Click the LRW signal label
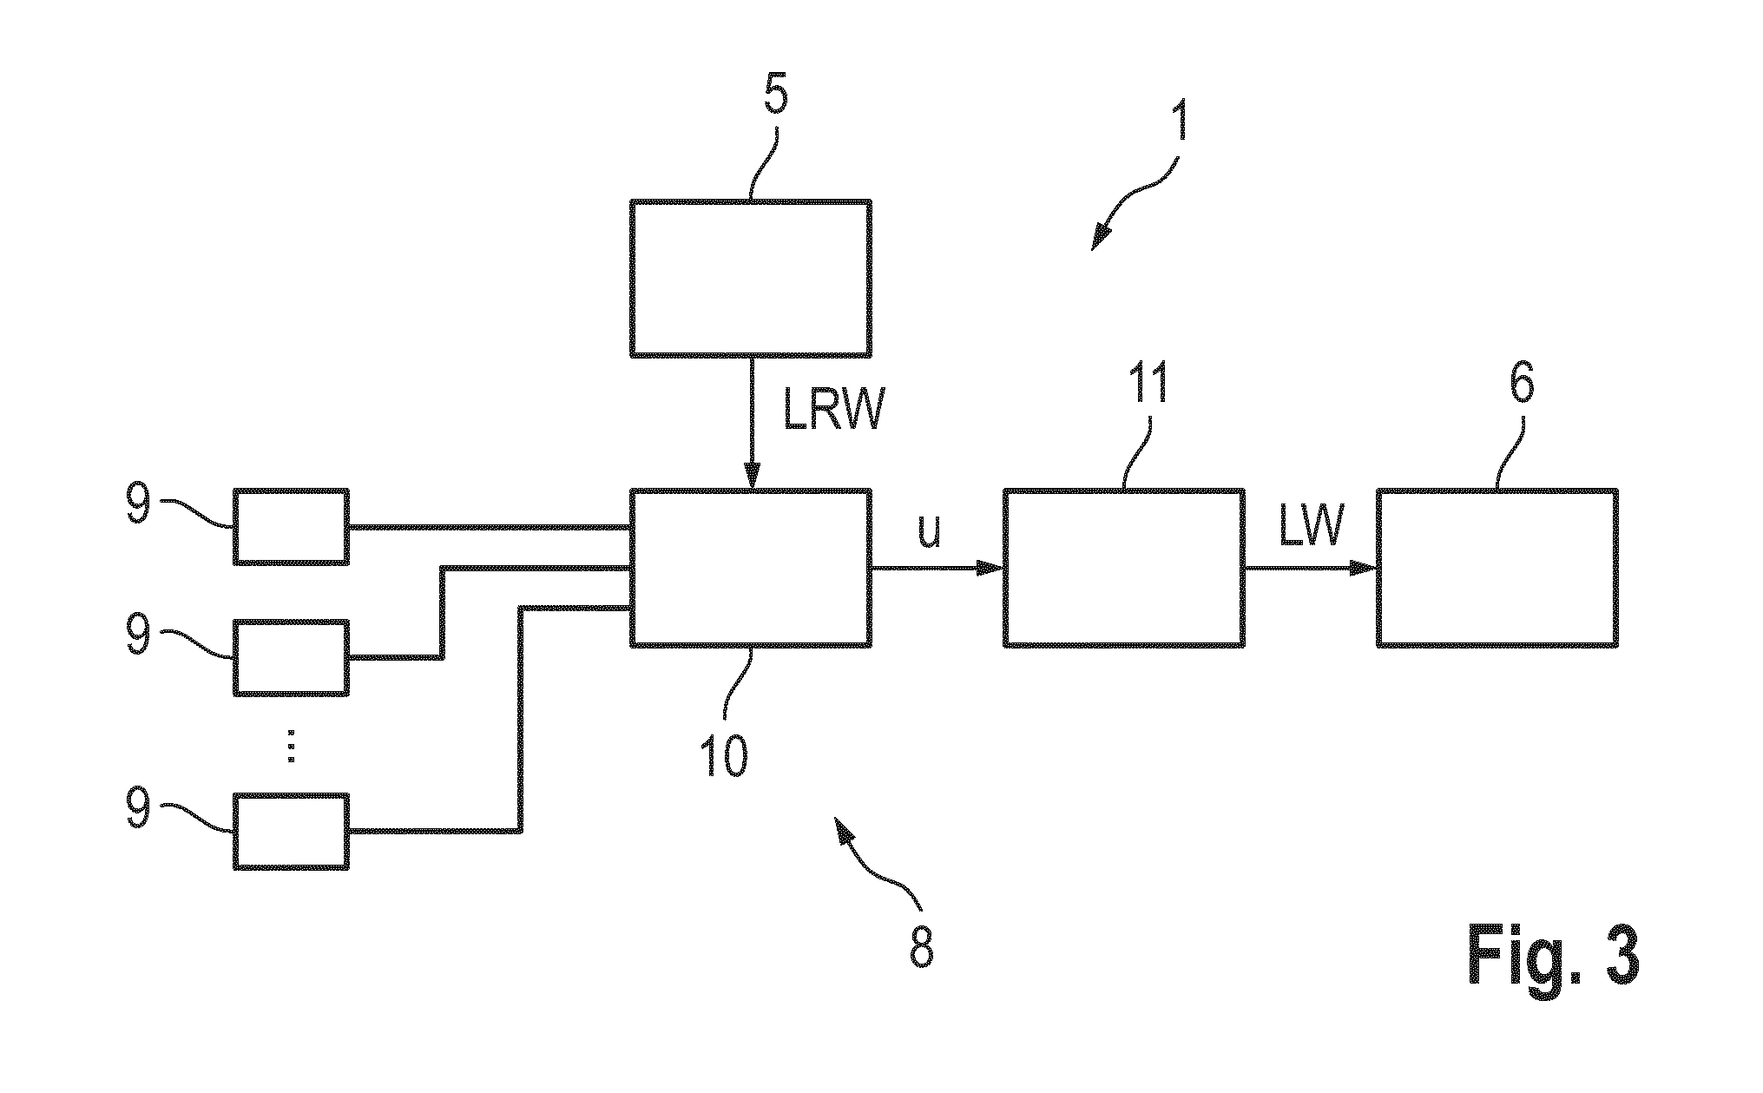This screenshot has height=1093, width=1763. click(832, 412)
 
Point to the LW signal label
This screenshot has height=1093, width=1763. click(1312, 526)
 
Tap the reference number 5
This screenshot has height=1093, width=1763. click(776, 95)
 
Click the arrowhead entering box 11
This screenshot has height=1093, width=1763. click(990, 568)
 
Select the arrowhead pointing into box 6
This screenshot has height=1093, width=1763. click(1363, 568)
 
